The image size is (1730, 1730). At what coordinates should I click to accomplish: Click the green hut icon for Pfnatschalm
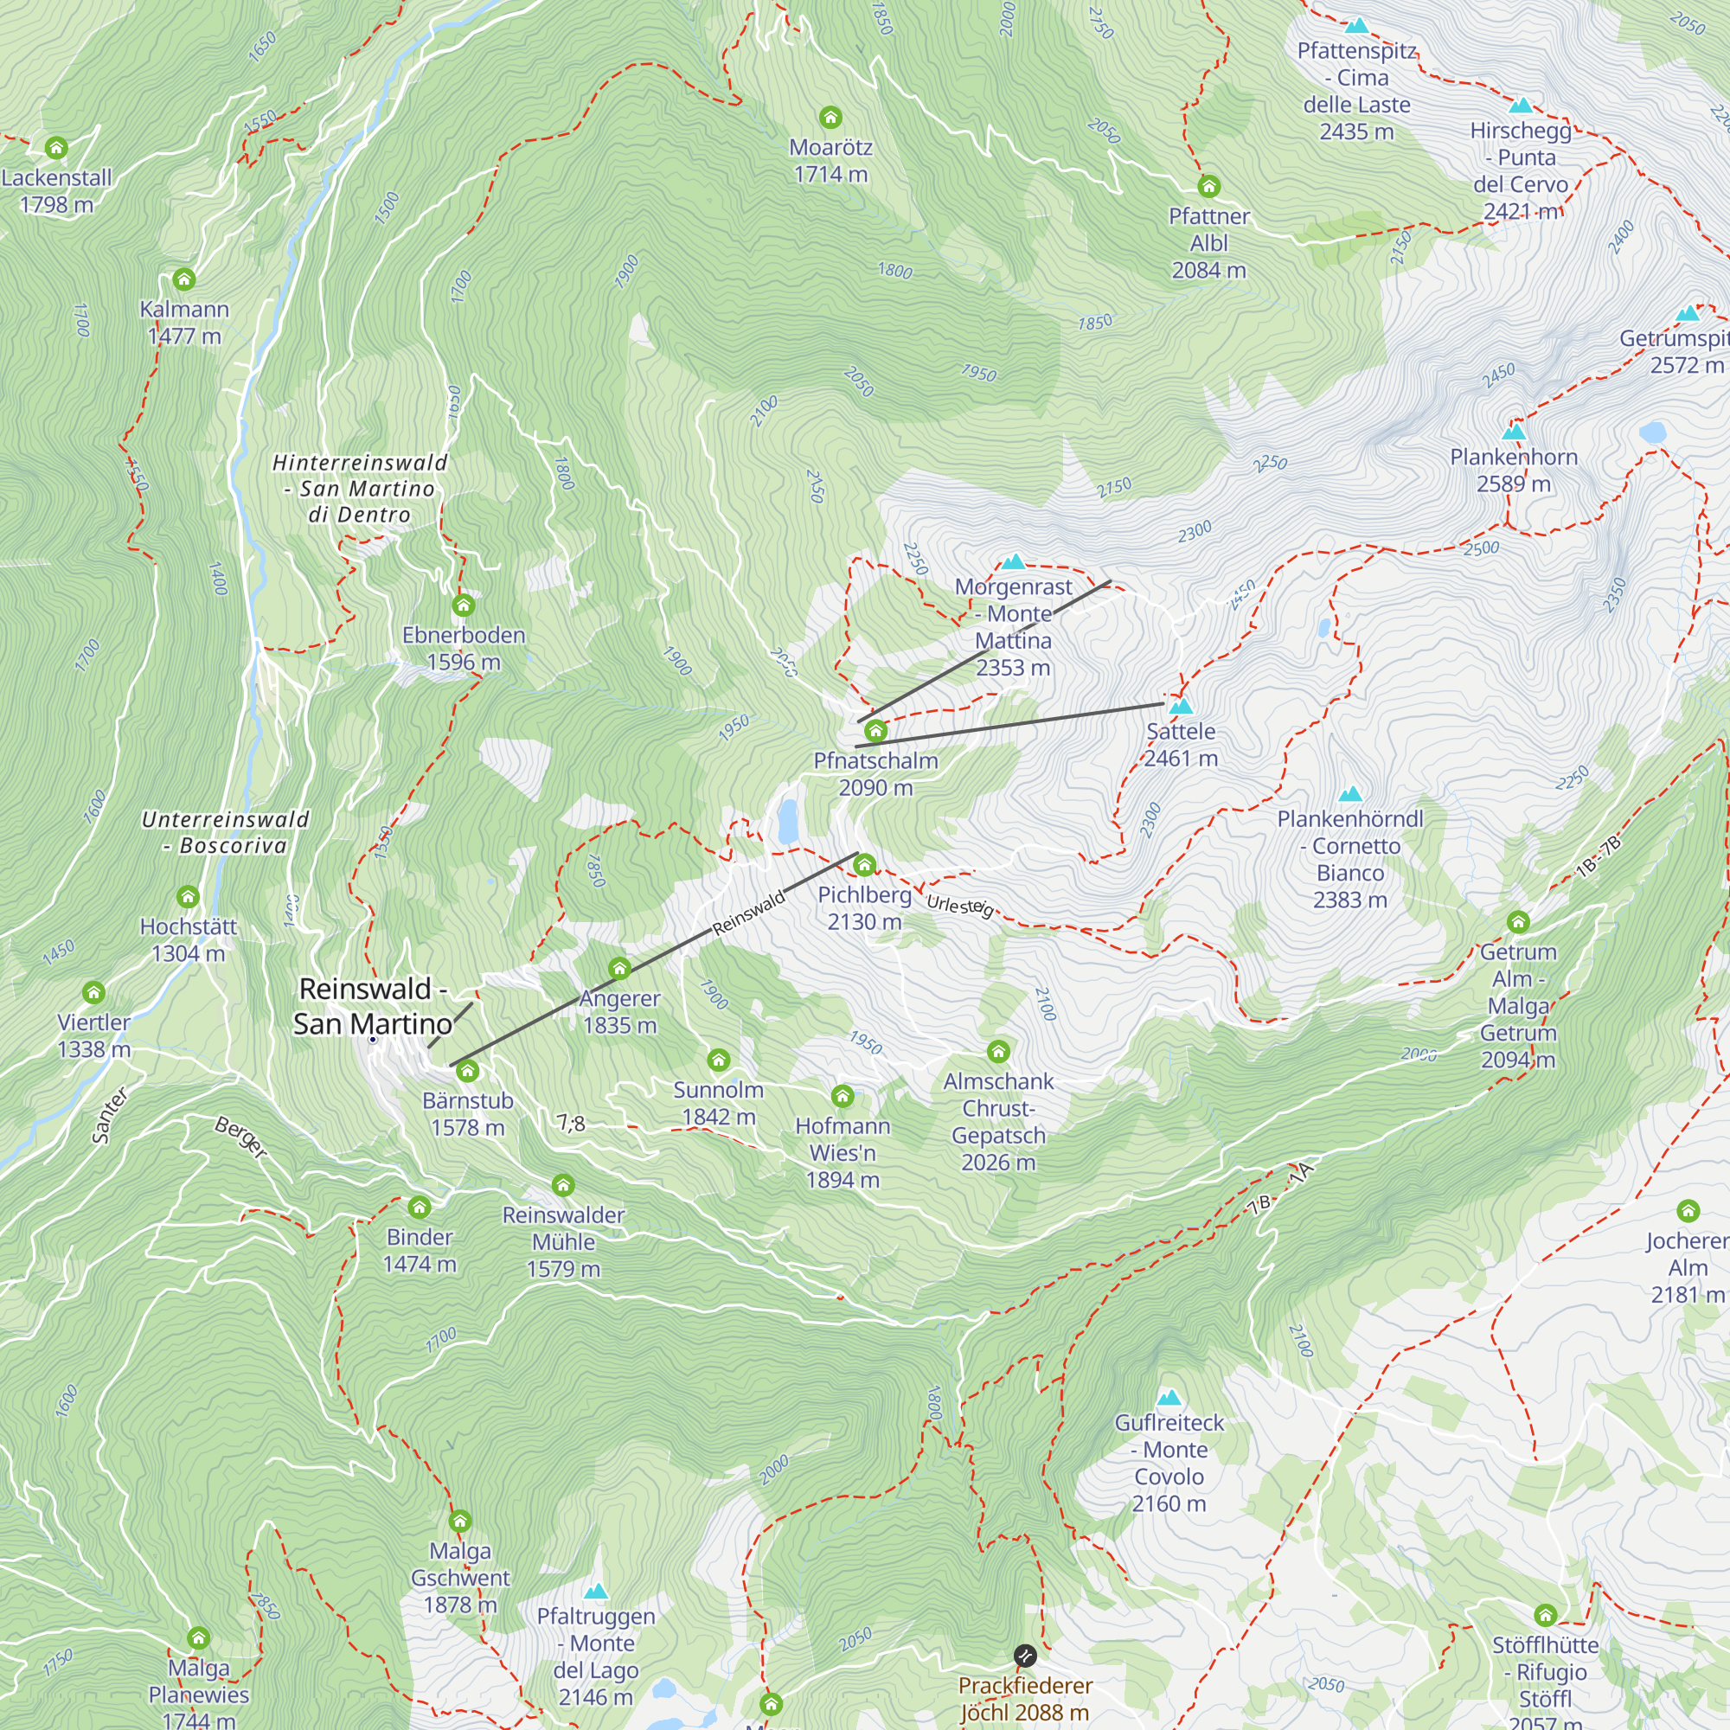coord(875,731)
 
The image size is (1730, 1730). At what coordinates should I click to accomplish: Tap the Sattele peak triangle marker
coord(1181,706)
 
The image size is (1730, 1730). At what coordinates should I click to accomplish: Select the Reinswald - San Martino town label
coord(373,1006)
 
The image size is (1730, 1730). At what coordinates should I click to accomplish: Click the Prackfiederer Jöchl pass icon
coord(1024,1655)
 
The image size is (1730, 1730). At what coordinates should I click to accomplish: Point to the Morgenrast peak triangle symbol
coord(1013,561)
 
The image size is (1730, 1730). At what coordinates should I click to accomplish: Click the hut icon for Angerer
coord(619,968)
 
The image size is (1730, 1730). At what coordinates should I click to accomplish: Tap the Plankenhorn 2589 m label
coord(1513,470)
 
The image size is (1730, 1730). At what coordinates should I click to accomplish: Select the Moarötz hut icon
coord(830,118)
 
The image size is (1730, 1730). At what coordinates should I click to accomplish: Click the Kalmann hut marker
coord(183,279)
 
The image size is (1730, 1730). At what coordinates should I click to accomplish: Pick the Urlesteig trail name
coord(960,906)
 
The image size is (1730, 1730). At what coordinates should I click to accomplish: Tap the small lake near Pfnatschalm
coord(788,821)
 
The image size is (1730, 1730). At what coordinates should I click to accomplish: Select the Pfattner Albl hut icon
coord(1209,186)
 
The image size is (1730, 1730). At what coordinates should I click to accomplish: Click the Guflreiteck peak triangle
coord(1169,1398)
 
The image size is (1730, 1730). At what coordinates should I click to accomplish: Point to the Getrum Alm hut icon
coord(1518,921)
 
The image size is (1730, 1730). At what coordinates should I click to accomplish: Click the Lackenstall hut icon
coord(56,148)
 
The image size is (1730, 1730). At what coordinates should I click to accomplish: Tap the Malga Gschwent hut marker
coord(459,1521)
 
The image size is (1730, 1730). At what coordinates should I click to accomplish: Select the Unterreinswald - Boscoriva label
coord(226,832)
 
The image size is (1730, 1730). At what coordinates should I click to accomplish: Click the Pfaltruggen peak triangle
coord(595,1592)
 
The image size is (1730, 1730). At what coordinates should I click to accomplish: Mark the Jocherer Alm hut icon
coord(1688,1211)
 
